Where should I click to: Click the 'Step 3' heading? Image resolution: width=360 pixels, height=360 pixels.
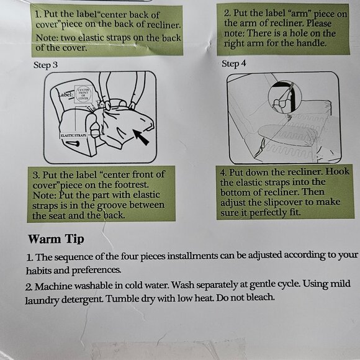pyautogui.click(x=45, y=65)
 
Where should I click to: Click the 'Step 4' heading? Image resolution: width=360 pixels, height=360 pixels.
pyautogui.click(x=233, y=63)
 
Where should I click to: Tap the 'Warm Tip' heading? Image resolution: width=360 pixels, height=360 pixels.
pyautogui.click(x=56, y=239)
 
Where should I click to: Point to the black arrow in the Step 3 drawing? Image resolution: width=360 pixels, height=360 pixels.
pyautogui.click(x=141, y=137)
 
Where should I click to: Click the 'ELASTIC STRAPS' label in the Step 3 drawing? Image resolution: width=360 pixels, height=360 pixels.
pyautogui.click(x=73, y=135)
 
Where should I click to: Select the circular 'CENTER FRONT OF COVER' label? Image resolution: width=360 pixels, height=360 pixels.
pyautogui.click(x=83, y=94)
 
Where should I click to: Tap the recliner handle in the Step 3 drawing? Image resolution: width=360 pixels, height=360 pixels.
pyautogui.click(x=73, y=144)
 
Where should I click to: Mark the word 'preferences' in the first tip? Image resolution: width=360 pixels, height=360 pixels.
pyautogui.click(x=96, y=271)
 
